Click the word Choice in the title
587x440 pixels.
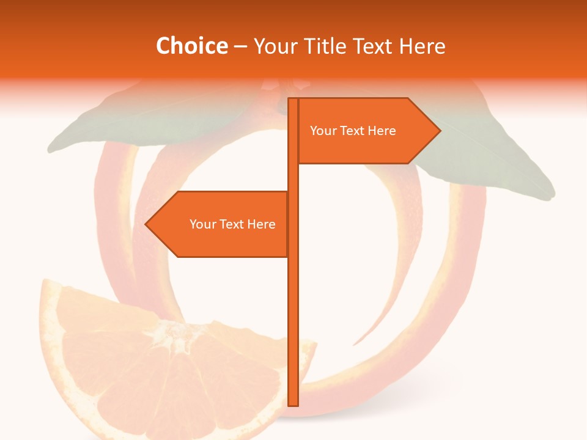tap(191, 46)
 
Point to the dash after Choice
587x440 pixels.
tap(240, 46)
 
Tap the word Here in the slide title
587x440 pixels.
tap(422, 46)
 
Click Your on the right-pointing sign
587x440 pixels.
tap(322, 131)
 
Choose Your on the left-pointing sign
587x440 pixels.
tap(202, 224)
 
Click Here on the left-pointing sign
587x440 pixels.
tap(261, 224)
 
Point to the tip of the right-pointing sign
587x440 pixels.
tap(439, 130)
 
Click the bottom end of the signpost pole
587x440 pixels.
tap(293, 404)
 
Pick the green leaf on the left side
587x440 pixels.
tap(104, 128)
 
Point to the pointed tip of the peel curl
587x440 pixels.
tap(354, 345)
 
